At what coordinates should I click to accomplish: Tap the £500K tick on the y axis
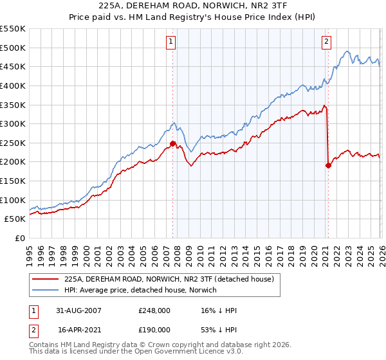(x=13, y=48)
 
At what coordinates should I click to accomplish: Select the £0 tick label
(x=19, y=238)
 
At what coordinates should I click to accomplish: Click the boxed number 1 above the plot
(x=172, y=42)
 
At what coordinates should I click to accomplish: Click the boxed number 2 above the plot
(x=326, y=42)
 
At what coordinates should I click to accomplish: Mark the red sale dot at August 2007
(x=172, y=143)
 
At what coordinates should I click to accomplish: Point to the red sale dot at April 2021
(x=328, y=165)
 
